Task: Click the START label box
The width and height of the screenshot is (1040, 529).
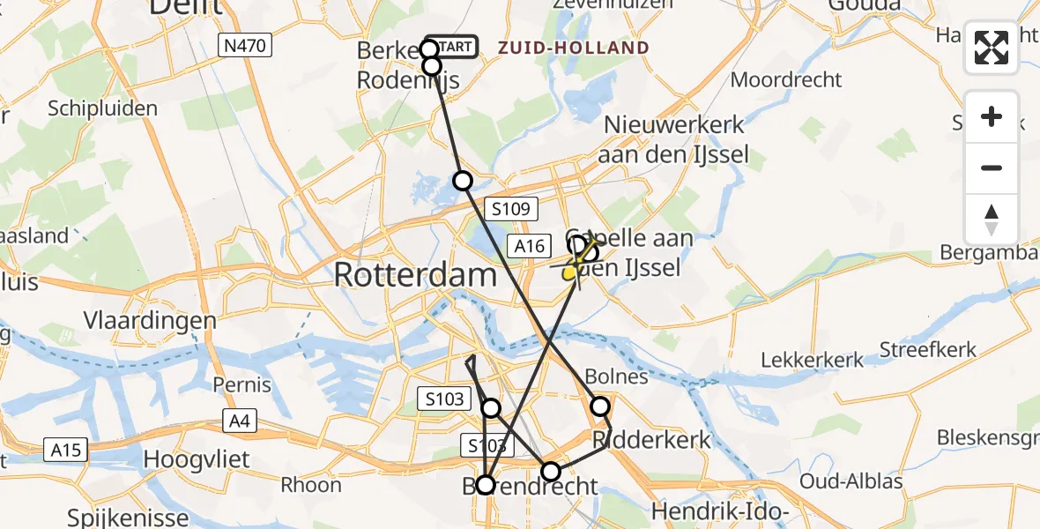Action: [x=452, y=47]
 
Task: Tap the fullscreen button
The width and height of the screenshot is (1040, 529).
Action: [x=992, y=48]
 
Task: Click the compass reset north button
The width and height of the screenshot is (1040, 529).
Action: [x=992, y=220]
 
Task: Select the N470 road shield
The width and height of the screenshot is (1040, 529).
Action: [x=245, y=45]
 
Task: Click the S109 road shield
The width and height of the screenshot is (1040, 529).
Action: [x=511, y=209]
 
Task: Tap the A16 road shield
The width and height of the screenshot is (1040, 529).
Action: [x=531, y=246]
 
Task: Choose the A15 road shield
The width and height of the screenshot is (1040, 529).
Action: [x=65, y=451]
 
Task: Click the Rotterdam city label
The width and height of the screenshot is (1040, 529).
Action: [x=415, y=276]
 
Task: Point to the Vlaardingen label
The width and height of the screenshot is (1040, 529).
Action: [x=150, y=320]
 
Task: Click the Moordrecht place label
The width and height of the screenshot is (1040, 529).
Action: [x=787, y=80]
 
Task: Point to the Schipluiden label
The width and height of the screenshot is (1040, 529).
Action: [x=103, y=109]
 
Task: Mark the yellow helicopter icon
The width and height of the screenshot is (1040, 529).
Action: [x=576, y=262]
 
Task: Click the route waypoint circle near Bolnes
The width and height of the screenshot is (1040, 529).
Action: [x=600, y=406]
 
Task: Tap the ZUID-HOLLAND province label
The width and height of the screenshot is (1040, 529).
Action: [x=574, y=48]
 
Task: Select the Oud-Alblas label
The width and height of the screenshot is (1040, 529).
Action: [x=851, y=481]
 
